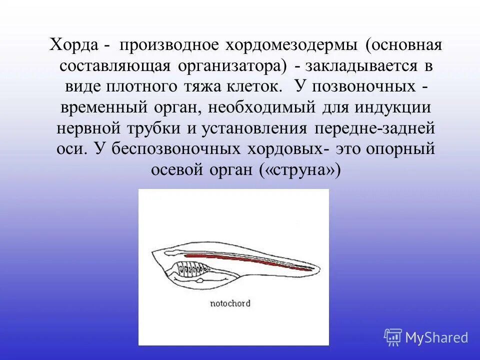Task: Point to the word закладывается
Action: click(359, 66)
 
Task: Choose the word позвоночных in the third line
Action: click(358, 86)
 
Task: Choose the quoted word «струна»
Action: click(300, 170)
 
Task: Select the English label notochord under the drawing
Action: click(230, 303)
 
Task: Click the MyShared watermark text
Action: click(436, 337)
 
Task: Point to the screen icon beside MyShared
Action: click(393, 337)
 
